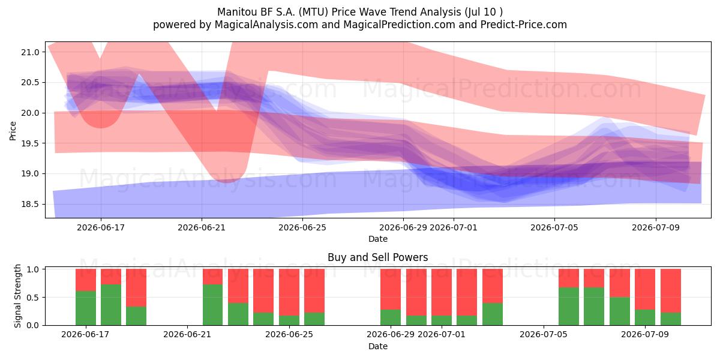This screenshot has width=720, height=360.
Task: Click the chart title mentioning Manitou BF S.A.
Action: [x=360, y=12]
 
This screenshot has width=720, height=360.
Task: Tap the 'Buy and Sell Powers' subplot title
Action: [x=377, y=257]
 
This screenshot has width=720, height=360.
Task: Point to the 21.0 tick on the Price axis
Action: [x=30, y=52]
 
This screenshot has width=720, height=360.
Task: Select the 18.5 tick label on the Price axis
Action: [x=30, y=204]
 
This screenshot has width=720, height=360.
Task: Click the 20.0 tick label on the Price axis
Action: [x=30, y=113]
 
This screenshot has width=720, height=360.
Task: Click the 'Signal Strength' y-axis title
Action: [x=17, y=296]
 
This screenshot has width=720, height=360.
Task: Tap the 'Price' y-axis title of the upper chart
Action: [x=13, y=131]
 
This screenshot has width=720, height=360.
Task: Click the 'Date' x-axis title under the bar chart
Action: [x=377, y=347]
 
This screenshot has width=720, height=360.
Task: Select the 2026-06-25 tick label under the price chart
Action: [x=302, y=227]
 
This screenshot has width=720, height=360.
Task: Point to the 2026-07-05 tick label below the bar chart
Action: [x=543, y=335]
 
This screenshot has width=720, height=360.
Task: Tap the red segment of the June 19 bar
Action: [x=136, y=287]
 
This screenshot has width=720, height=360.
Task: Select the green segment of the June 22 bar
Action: [x=212, y=305]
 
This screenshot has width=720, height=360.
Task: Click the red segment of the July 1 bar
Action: [x=442, y=292]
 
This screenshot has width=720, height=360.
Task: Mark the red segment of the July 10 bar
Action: [x=671, y=290]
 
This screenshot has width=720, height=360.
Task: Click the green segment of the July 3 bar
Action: [x=493, y=314]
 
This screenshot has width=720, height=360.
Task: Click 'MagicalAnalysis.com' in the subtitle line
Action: [x=266, y=25]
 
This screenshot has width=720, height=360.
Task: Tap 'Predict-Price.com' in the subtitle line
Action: [x=524, y=25]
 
